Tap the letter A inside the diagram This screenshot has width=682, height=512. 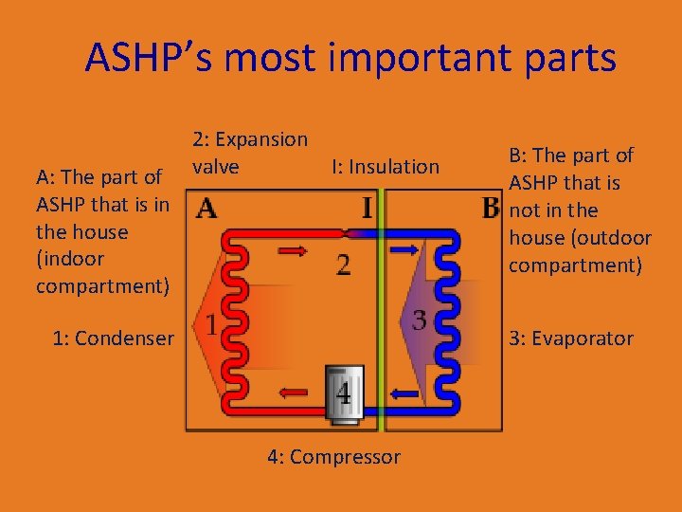click(x=206, y=210)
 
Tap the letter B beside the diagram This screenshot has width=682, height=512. click(x=489, y=208)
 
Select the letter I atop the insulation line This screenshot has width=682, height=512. click(x=367, y=206)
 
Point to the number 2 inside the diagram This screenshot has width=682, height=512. click(x=343, y=264)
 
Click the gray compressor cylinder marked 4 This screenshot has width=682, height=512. click(x=343, y=390)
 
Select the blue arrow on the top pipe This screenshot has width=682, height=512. click(x=404, y=248)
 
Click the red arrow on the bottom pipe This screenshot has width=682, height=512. click(x=294, y=391)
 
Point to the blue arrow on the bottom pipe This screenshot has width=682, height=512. click(x=406, y=392)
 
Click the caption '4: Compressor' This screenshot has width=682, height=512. click(x=333, y=457)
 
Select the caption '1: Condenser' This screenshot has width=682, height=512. click(x=113, y=338)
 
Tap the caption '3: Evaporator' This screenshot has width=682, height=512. click(x=571, y=338)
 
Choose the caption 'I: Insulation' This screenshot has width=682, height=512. click(x=386, y=167)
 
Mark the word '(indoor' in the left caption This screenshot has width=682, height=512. click(x=72, y=258)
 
